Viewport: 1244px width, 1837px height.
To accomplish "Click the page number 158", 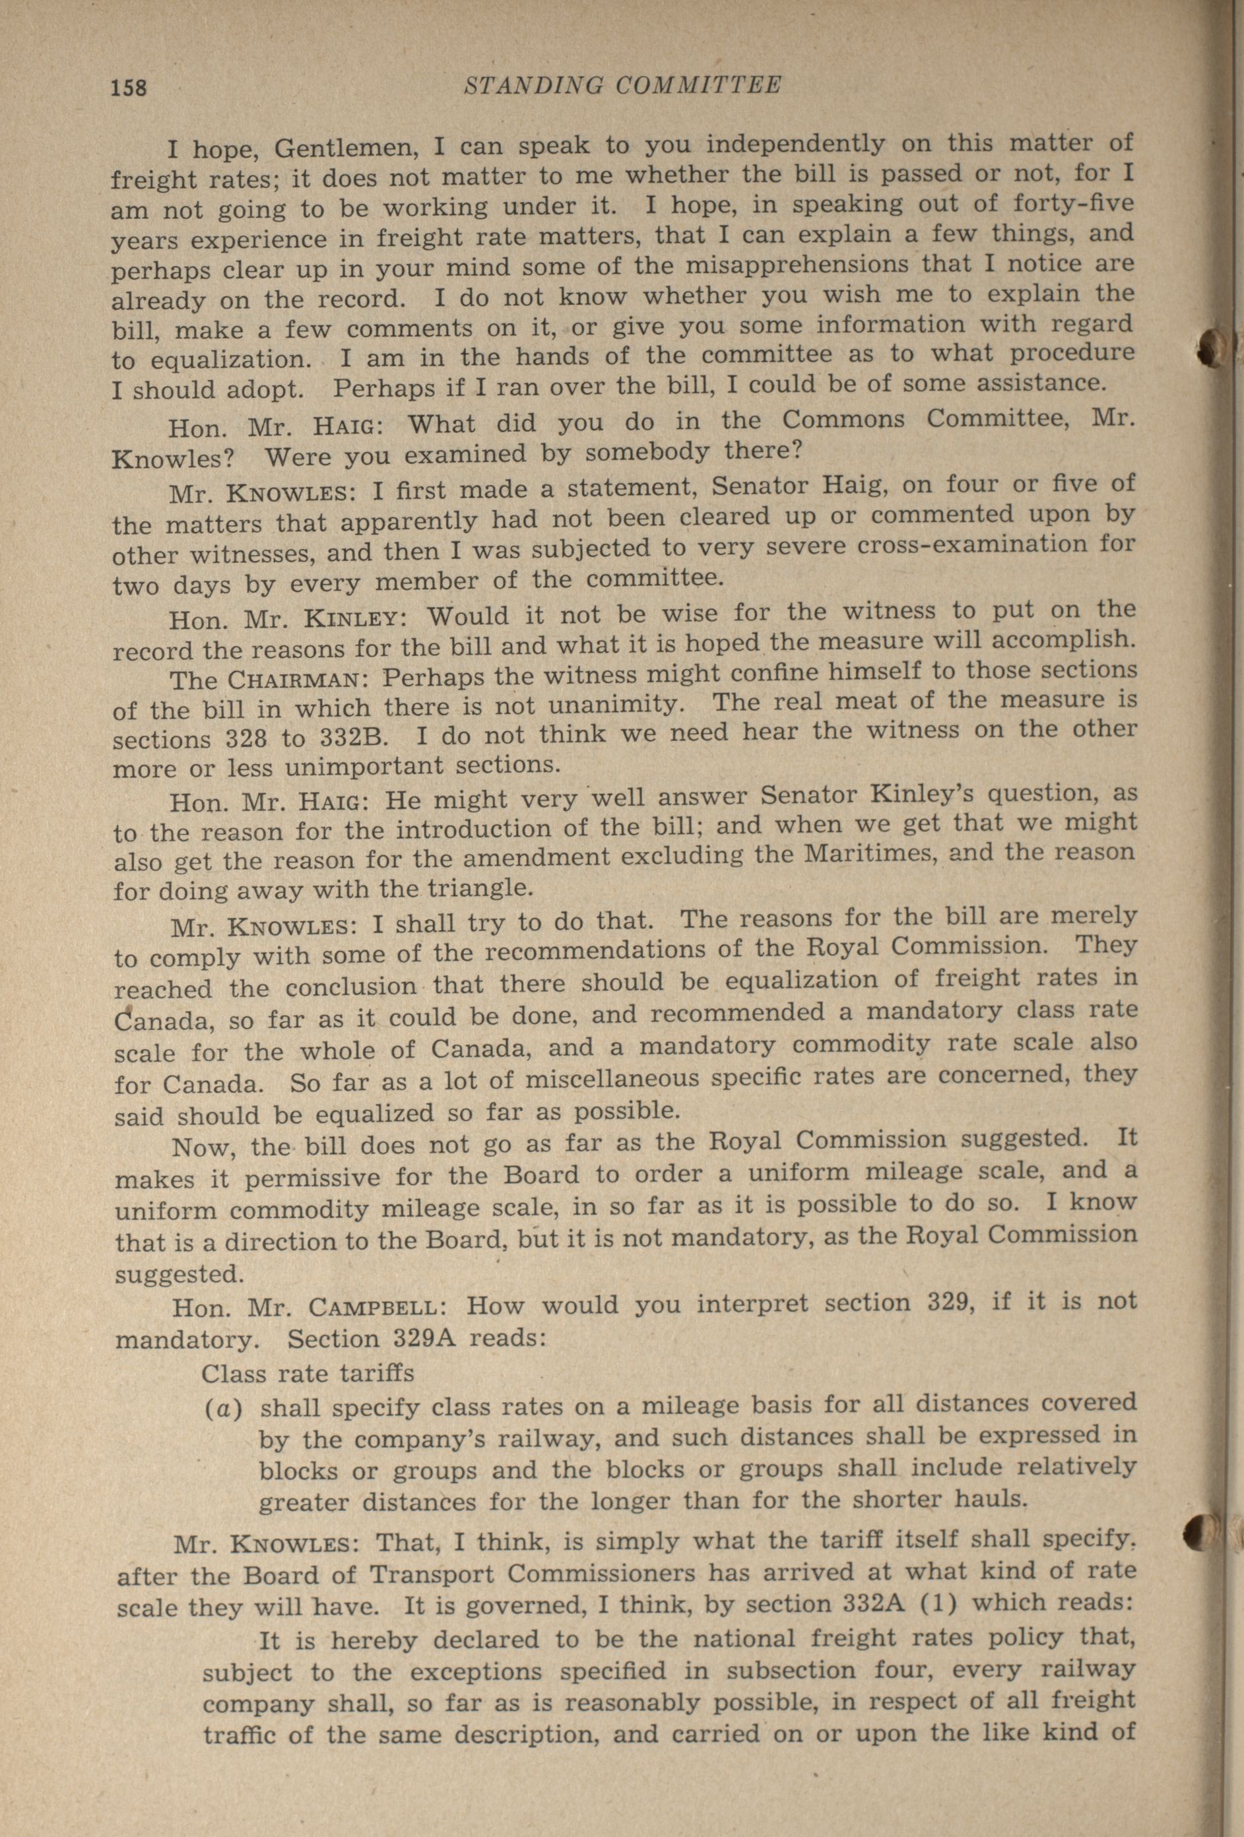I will pyautogui.click(x=129, y=86).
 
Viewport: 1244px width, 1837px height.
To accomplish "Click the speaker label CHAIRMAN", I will pyautogui.click(x=296, y=679).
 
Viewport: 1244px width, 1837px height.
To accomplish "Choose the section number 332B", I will pyautogui.click(x=353, y=738).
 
